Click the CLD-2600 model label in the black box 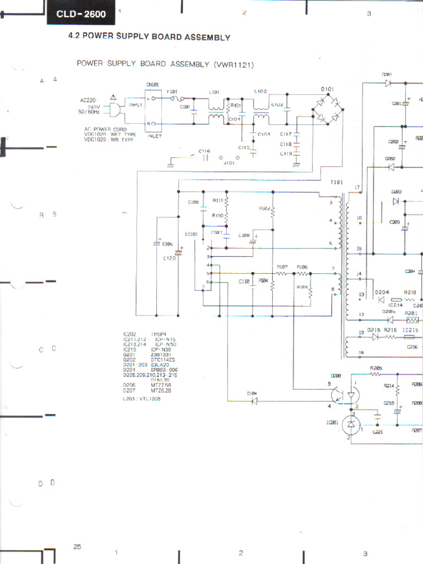coord(83,14)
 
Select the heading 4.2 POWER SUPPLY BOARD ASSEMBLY coord(149,37)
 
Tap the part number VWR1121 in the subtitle coord(234,64)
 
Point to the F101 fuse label coord(172,91)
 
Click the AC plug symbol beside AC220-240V coord(115,110)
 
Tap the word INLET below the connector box coord(154,137)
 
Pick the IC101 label coord(192,234)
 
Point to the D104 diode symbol coord(254,401)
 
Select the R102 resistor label coord(264,209)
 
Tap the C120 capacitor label coord(169,258)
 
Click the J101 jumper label coord(228,163)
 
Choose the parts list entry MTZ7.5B coord(161,385)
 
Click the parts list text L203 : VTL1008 coord(142,399)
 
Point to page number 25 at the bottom coord(77,546)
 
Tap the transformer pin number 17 coord(357,187)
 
